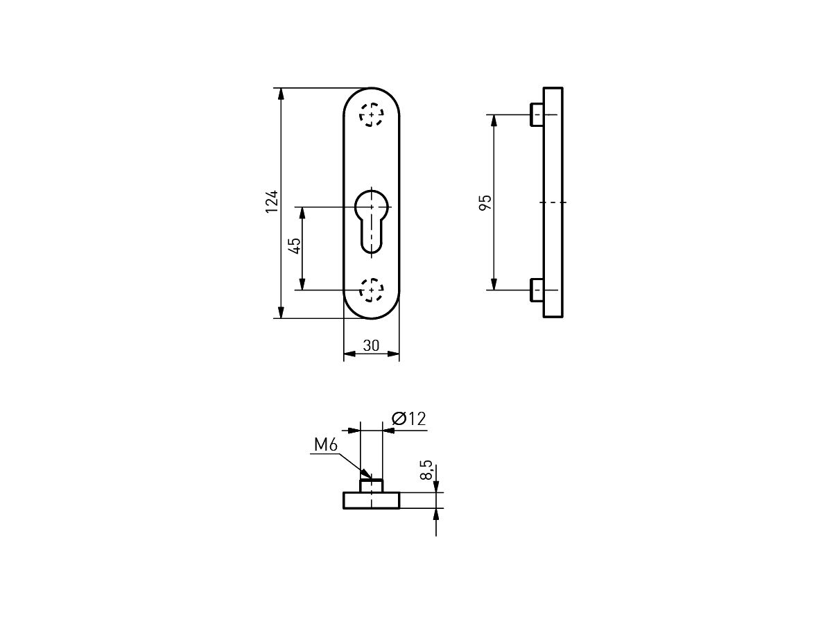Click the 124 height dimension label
pyautogui.click(x=272, y=202)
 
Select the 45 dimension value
pyautogui.click(x=295, y=246)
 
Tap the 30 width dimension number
pyautogui.click(x=371, y=345)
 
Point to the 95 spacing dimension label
pyautogui.click(x=485, y=202)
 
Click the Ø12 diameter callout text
pyautogui.click(x=409, y=419)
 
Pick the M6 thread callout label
pyautogui.click(x=326, y=445)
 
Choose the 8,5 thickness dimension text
pyautogui.click(x=426, y=470)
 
